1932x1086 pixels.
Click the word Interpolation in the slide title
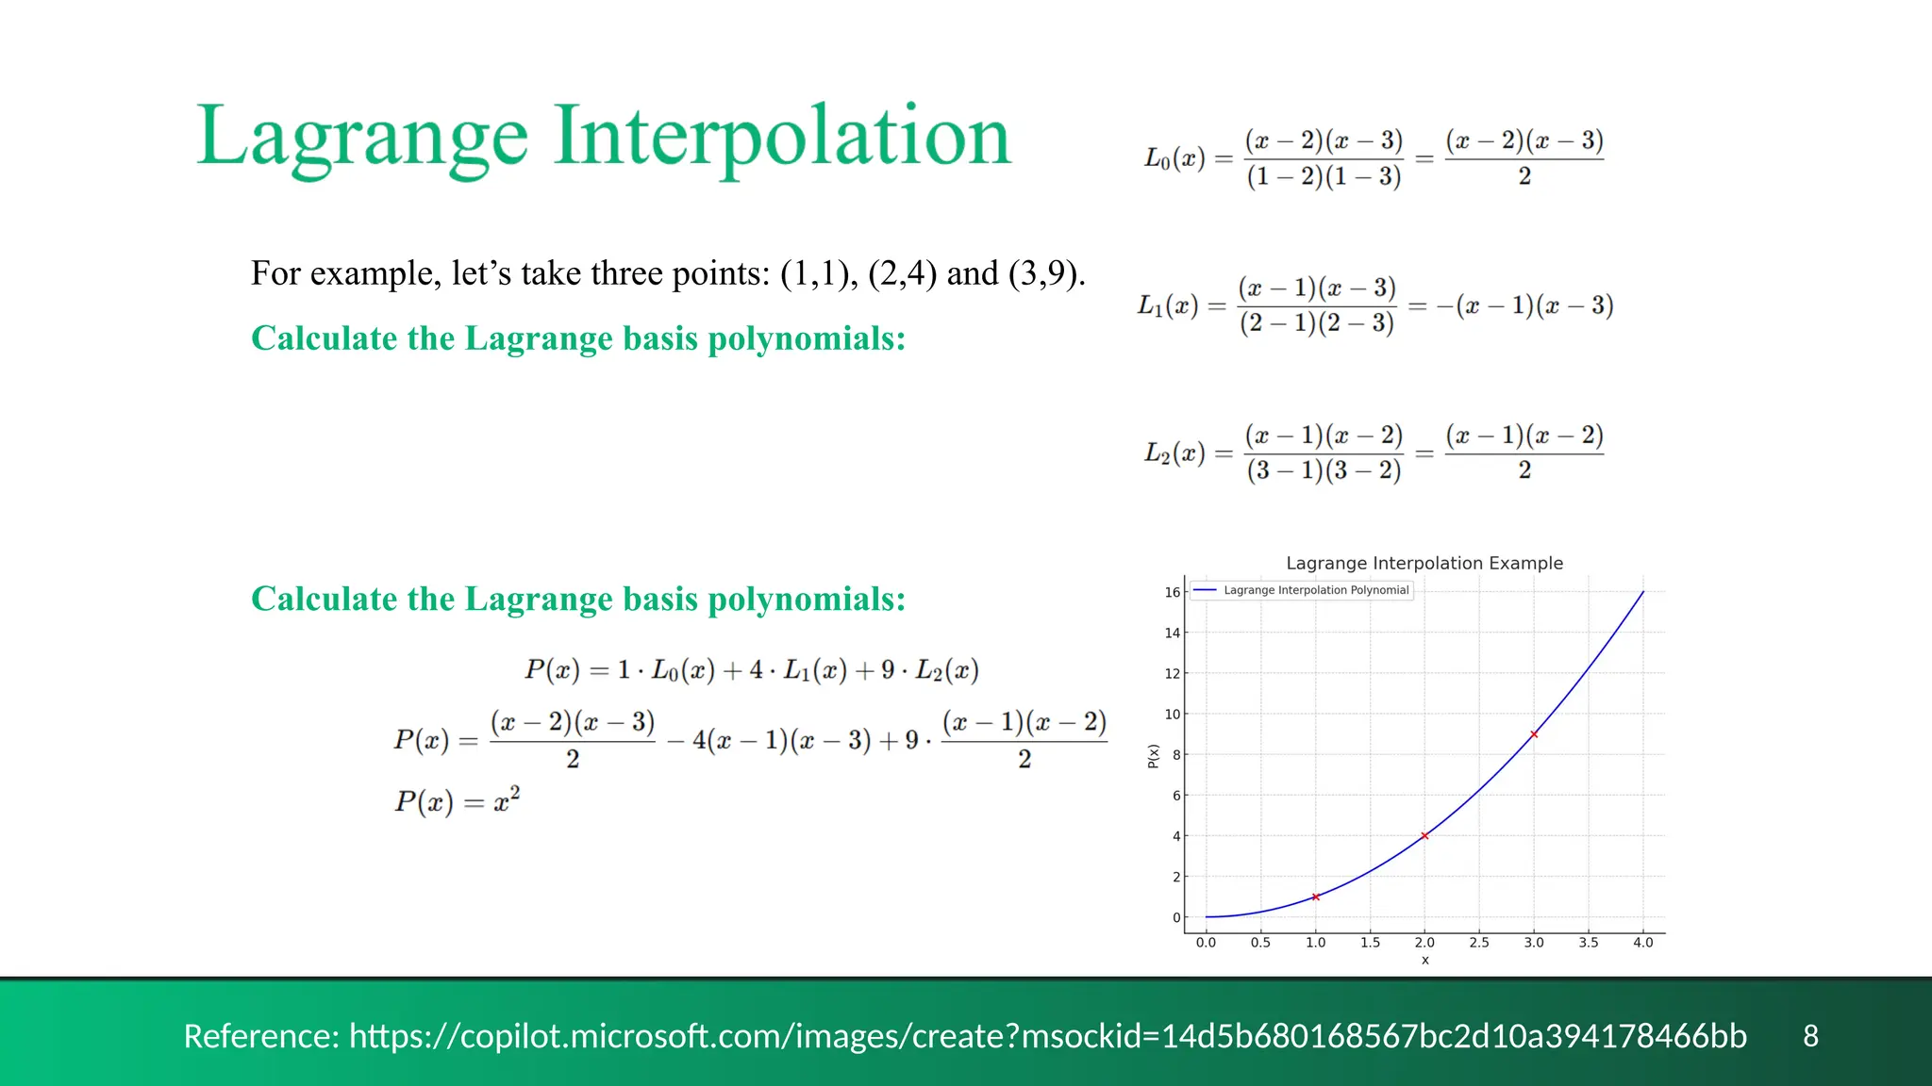coord(782,138)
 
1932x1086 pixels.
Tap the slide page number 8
coord(1810,1035)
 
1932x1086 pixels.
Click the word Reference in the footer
coord(259,1035)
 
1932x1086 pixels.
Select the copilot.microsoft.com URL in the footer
coord(1047,1035)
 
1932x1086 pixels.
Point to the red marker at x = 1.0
coord(1315,897)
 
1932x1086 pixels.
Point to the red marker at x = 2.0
coord(1424,835)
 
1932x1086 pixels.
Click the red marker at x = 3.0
coord(1534,733)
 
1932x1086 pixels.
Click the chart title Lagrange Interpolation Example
coord(1424,563)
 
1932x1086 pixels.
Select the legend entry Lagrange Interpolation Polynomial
coord(1315,590)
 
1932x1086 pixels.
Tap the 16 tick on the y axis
coord(1172,592)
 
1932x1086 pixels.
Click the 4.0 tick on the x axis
coord(1642,942)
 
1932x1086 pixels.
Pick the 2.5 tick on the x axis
coord(1479,942)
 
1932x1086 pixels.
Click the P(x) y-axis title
coord(1153,755)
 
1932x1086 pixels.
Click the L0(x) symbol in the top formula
coord(1174,158)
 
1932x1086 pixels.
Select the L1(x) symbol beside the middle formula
coord(1167,305)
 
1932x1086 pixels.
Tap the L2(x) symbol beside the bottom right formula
coord(1174,453)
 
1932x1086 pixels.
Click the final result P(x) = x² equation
coord(457,800)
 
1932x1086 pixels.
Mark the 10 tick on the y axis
coord(1172,714)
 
